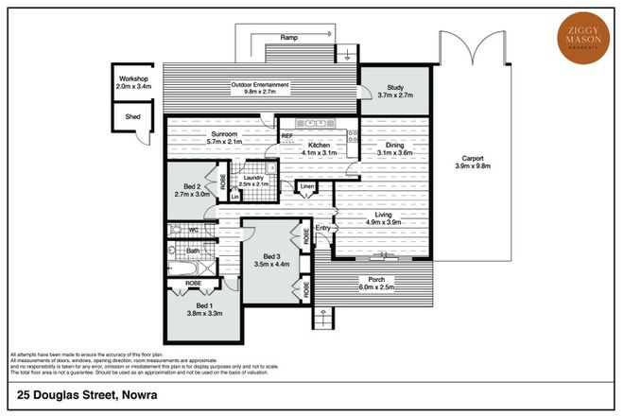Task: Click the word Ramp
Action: pos(289,37)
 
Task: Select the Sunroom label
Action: pos(224,134)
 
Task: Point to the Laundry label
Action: pos(252,177)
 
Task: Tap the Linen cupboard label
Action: pos(306,186)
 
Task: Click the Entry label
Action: pos(323,227)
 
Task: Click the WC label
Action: pos(193,230)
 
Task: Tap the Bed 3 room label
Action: pos(271,256)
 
